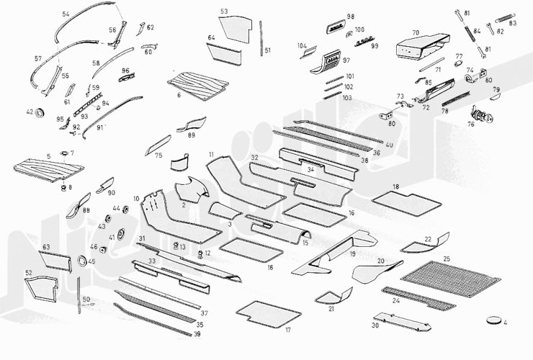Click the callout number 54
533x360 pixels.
click(x=66, y=14)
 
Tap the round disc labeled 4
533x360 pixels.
click(x=494, y=319)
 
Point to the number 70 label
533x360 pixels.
click(x=415, y=32)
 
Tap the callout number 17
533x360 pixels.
click(x=287, y=330)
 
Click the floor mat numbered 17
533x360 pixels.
click(x=267, y=312)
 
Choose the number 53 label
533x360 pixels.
click(x=224, y=12)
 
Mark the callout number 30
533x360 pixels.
click(x=375, y=325)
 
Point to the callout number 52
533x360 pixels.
click(x=29, y=273)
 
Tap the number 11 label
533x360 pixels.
click(x=212, y=155)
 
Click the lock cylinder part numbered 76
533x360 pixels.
click(x=479, y=115)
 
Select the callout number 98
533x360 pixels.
click(x=351, y=16)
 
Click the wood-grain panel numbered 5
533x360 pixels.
click(x=43, y=170)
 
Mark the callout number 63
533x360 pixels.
click(x=46, y=247)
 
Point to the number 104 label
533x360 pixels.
click(x=303, y=45)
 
